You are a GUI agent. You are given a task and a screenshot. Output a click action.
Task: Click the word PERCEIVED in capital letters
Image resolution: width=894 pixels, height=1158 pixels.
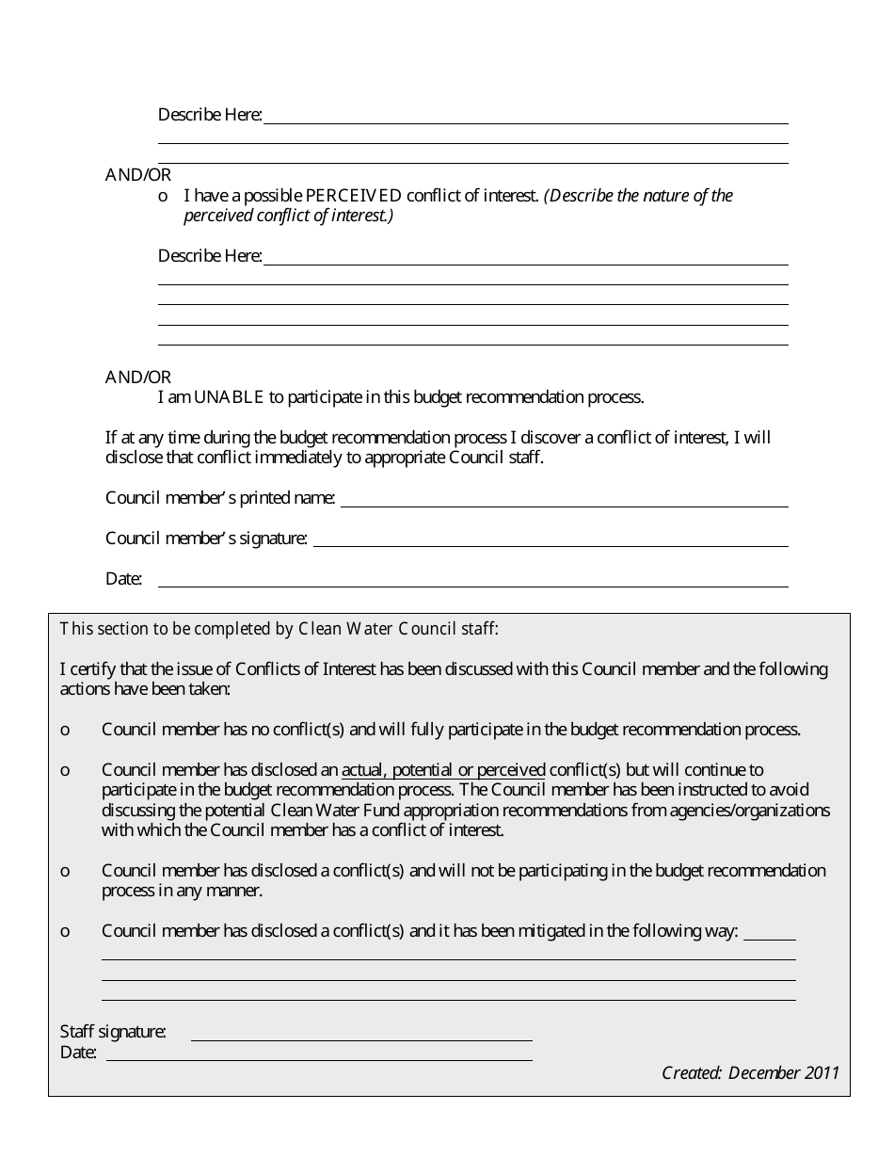[354, 196]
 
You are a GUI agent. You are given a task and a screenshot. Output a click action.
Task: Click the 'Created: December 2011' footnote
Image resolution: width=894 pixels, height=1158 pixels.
[750, 1073]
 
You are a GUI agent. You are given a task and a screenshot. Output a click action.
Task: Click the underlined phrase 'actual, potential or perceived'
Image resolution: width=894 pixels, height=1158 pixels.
[443, 770]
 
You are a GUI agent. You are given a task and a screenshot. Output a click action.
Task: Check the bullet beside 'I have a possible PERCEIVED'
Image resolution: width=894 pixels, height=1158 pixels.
[163, 196]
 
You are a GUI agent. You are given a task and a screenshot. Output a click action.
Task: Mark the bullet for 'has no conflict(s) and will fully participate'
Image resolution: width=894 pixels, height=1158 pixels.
[65, 730]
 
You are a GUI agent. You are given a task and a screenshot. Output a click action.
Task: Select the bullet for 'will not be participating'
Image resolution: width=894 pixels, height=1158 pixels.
[65, 871]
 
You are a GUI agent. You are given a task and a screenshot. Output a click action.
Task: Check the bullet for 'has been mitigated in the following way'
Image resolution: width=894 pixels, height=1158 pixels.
[65, 931]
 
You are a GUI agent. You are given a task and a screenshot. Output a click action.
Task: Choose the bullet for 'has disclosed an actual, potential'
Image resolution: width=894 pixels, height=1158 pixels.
[65, 770]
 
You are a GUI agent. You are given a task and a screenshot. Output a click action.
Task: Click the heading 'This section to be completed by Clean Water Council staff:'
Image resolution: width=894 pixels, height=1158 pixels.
[279, 629]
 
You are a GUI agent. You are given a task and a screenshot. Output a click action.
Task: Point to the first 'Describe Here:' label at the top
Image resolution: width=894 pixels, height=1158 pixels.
[210, 115]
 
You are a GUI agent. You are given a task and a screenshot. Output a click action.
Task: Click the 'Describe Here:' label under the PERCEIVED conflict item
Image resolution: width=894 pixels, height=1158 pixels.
[210, 256]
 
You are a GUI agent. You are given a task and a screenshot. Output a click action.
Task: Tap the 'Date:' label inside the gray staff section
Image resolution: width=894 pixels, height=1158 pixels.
[78, 1053]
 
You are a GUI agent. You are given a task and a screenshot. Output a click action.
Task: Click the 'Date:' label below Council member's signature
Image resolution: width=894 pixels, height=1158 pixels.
[123, 579]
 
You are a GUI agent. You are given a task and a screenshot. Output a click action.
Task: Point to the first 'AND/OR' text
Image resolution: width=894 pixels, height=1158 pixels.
[138, 175]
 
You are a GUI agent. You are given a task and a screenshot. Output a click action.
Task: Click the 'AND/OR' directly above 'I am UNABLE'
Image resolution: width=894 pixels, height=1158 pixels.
[138, 378]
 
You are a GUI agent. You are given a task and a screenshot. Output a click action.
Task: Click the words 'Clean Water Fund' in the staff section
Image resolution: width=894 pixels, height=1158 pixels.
[327, 811]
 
